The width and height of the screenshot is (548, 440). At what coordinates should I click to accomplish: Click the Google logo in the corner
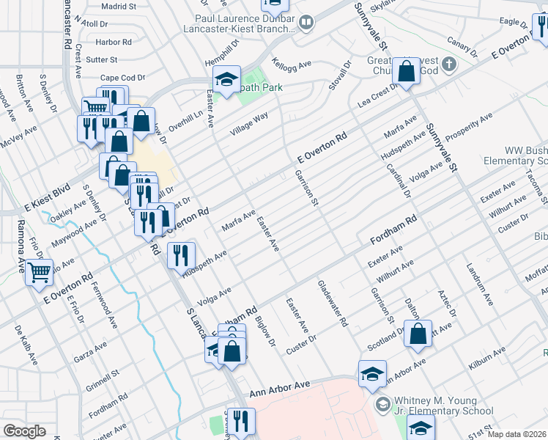(x=24, y=431)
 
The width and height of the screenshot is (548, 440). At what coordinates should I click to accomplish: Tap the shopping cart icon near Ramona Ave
(x=40, y=273)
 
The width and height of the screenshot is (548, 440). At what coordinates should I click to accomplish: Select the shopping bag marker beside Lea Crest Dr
(x=405, y=72)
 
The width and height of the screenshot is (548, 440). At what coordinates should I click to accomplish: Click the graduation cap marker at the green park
(x=226, y=81)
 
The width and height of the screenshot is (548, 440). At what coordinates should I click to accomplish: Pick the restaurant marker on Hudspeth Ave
(x=180, y=256)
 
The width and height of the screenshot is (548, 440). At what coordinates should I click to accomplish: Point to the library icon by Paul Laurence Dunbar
(x=306, y=24)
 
